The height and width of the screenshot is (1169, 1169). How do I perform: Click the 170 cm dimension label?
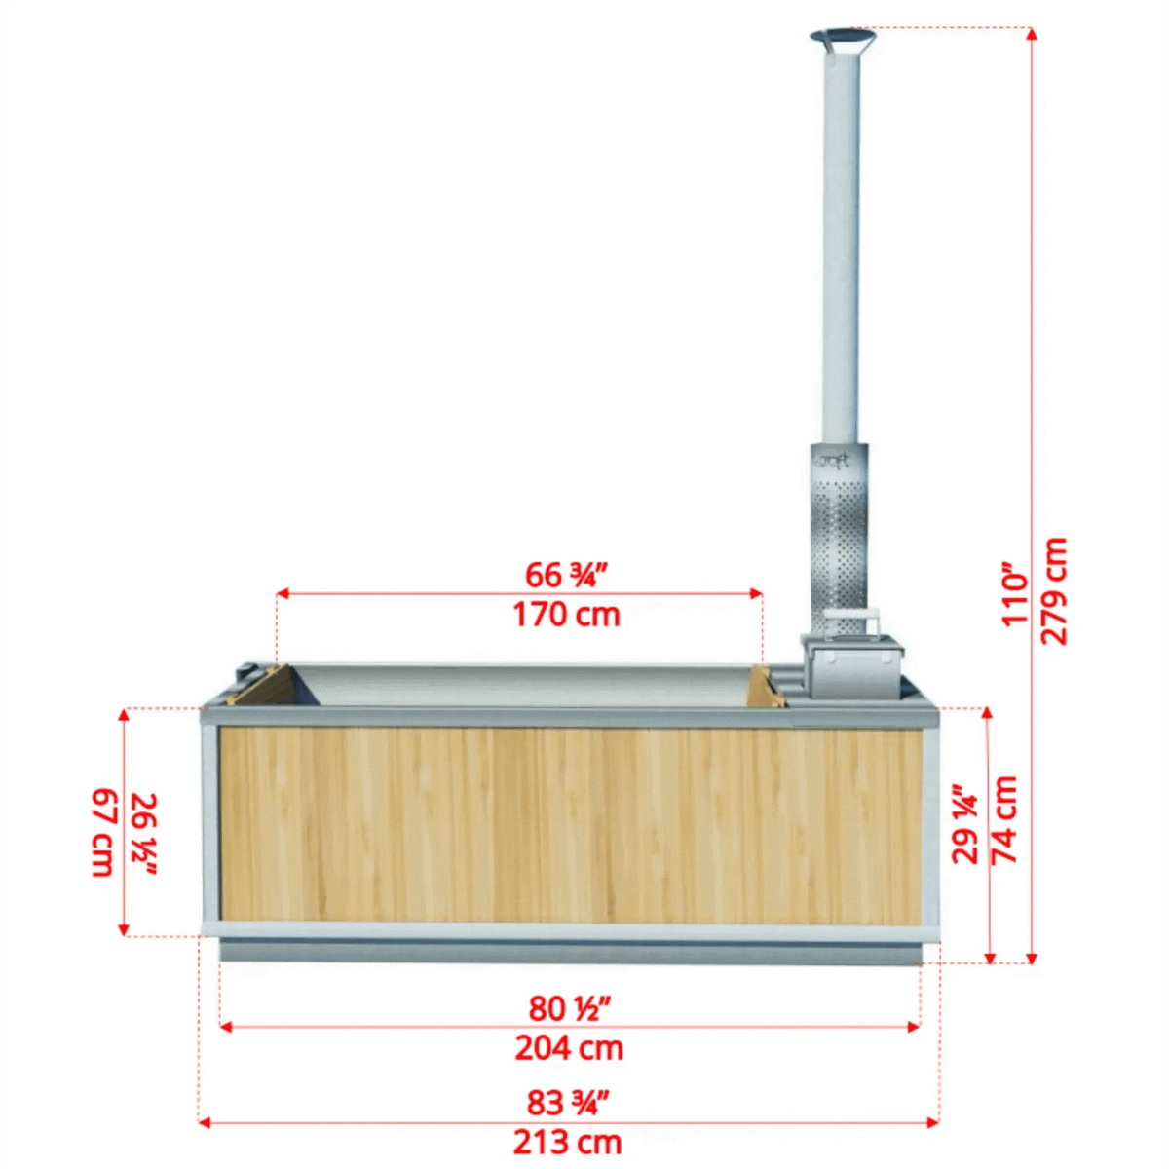[566, 615]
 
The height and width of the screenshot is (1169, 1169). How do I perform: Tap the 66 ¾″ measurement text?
[566, 575]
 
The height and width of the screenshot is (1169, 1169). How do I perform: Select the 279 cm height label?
[1054, 590]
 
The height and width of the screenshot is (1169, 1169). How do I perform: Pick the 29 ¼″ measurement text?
[964, 823]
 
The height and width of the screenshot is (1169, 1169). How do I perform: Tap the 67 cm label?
[103, 833]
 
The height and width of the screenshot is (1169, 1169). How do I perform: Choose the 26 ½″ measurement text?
[143, 834]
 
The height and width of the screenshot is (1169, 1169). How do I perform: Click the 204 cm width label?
[569, 1048]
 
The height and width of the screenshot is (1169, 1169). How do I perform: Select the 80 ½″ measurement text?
[569, 1008]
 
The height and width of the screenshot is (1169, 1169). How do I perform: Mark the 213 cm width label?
[567, 1142]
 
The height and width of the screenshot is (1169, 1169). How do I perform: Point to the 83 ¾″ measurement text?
[567, 1103]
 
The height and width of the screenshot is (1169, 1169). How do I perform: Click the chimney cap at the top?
[842, 39]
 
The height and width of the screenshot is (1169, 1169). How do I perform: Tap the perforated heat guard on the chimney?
[840, 546]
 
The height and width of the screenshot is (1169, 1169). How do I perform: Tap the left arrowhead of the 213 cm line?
[205, 1122]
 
